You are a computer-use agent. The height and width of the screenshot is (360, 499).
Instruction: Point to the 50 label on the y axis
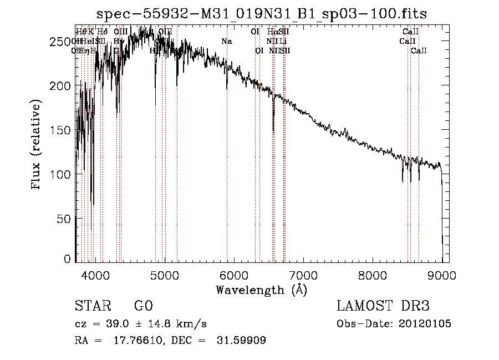click(x=65, y=219)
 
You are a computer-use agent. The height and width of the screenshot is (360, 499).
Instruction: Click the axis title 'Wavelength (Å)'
click(x=262, y=290)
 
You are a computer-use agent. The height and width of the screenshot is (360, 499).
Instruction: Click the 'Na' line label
click(x=226, y=42)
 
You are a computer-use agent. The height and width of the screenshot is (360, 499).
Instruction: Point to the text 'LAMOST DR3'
click(x=383, y=306)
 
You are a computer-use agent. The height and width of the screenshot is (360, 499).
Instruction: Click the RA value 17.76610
click(x=139, y=341)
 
